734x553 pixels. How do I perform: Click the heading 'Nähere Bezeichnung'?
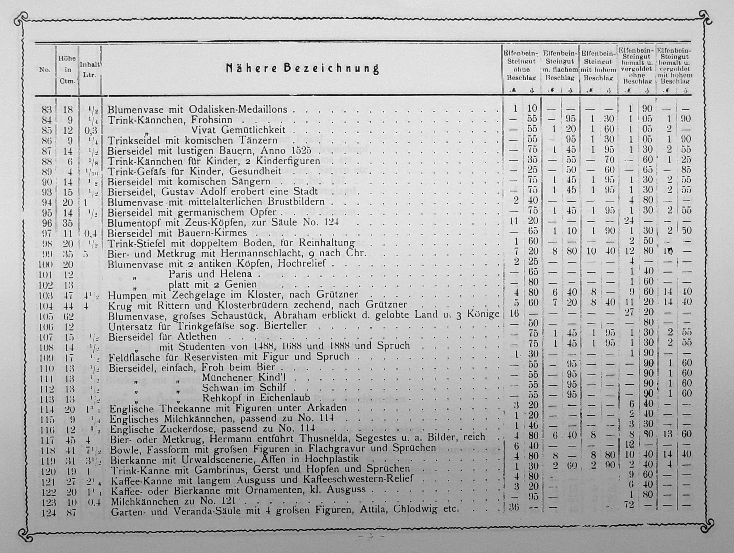(302, 68)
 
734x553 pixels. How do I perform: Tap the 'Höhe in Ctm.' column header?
(67, 70)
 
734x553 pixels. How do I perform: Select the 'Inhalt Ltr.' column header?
(90, 70)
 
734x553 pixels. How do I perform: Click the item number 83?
(47, 110)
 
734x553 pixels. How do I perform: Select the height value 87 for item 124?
(71, 512)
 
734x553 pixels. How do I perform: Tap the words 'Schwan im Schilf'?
(243, 388)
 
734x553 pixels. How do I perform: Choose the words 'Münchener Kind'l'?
(243, 378)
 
